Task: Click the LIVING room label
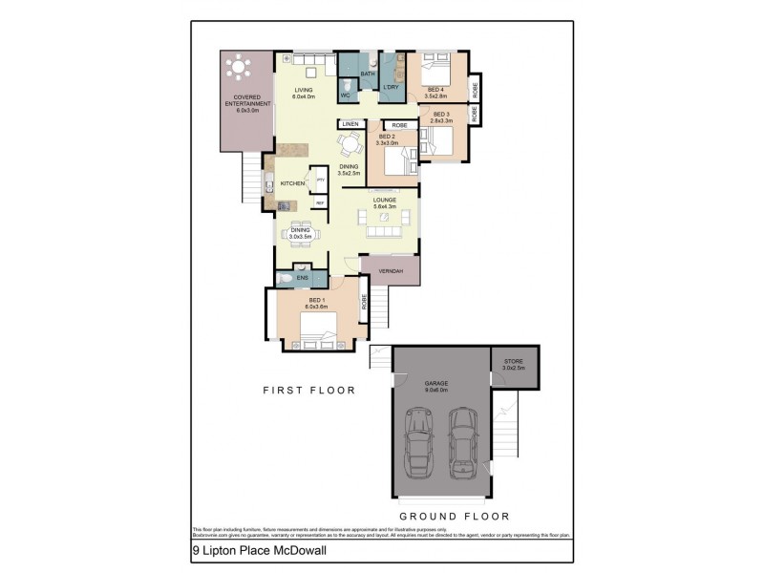pyautogui.click(x=303, y=91)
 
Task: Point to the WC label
pyautogui.click(x=347, y=95)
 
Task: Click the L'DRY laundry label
pyautogui.click(x=391, y=89)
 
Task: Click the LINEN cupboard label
pyautogui.click(x=350, y=125)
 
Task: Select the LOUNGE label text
pyautogui.click(x=385, y=200)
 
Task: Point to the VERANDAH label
pyautogui.click(x=392, y=271)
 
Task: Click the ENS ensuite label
pyautogui.click(x=302, y=278)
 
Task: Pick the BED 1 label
pyautogui.click(x=316, y=300)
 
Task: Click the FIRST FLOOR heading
pyautogui.click(x=309, y=390)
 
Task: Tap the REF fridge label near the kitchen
pyautogui.click(x=320, y=202)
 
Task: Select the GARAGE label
pyautogui.click(x=436, y=383)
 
